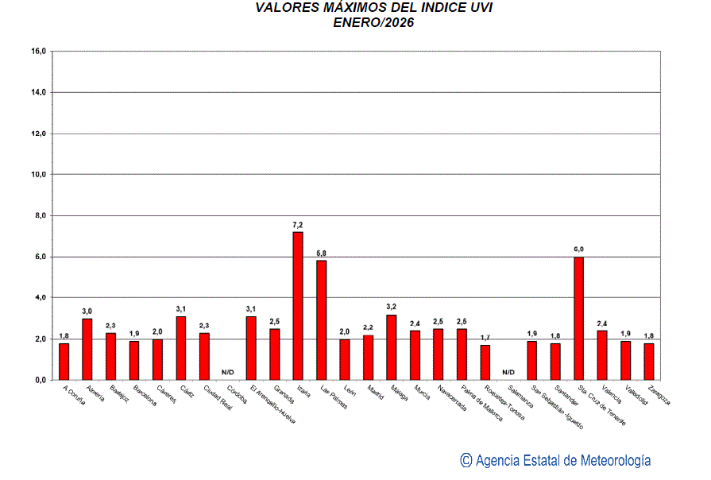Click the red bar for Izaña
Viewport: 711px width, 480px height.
pyautogui.click(x=298, y=306)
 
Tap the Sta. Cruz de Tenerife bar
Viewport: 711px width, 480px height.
pyautogui.click(x=578, y=318)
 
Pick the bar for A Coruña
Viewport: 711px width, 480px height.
pyautogui.click(x=64, y=362)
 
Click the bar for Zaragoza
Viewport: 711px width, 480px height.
pyautogui.click(x=649, y=362)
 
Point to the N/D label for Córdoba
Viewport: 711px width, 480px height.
pyautogui.click(x=228, y=372)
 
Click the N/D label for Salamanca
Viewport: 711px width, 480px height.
pyautogui.click(x=508, y=372)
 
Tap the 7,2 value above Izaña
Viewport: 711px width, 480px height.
pyautogui.click(x=298, y=225)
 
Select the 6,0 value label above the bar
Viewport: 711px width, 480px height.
pyautogui.click(x=578, y=250)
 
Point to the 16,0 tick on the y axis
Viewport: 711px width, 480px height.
pyautogui.click(x=38, y=52)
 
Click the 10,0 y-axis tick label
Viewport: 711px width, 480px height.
pyautogui.click(x=38, y=175)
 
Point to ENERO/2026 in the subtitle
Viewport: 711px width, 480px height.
pyautogui.click(x=373, y=22)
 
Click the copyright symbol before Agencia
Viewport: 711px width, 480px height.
pyautogui.click(x=466, y=460)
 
